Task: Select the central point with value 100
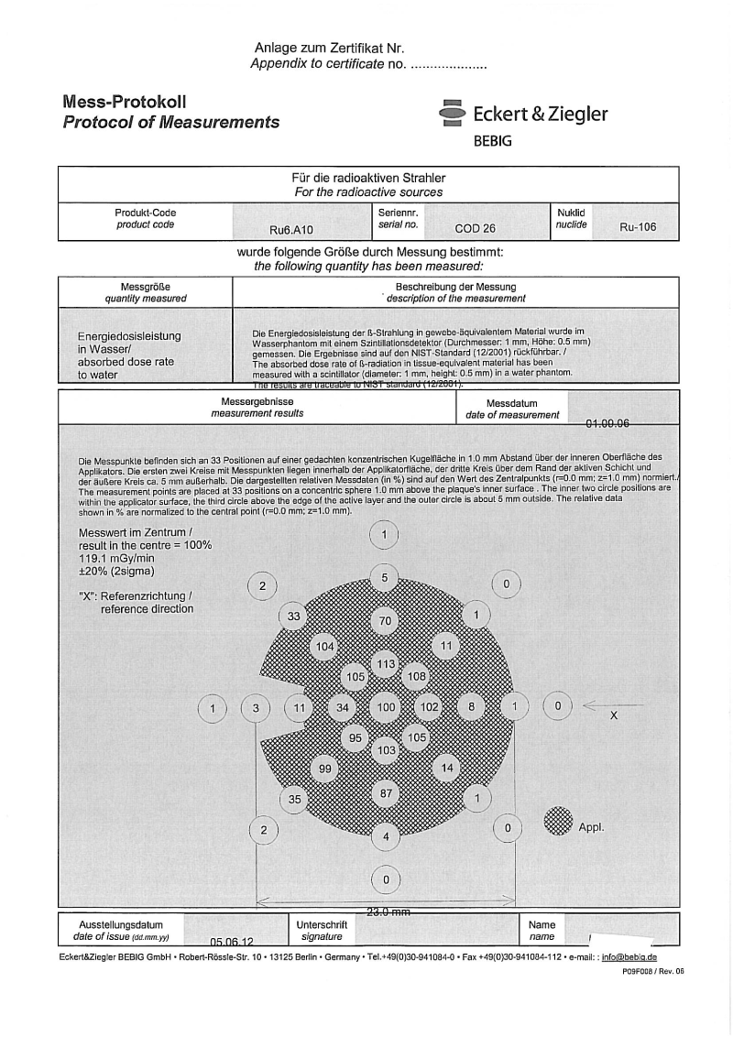tap(386, 707)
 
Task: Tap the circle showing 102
tap(429, 707)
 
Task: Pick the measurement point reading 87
tap(386, 792)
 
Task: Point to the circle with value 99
tap(324, 769)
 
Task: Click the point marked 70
tap(386, 621)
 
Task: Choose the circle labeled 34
tap(343, 707)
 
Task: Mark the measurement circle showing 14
tap(447, 768)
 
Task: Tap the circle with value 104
tap(324, 647)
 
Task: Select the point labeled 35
tap(294, 799)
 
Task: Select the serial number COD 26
tap(475, 229)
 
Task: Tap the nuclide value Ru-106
tap(638, 228)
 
